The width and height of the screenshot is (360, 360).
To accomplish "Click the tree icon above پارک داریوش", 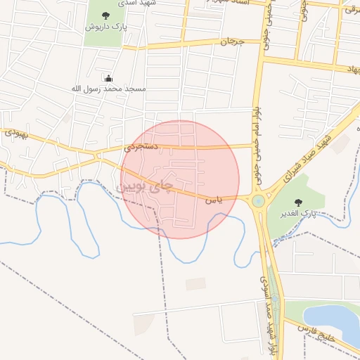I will (105, 15).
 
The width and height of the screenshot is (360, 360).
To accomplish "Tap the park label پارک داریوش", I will (105, 27).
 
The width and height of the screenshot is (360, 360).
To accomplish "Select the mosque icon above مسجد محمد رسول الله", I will (108, 78).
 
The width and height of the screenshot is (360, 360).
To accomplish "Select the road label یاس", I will (214, 200).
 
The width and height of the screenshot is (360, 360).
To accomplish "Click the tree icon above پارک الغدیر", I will (300, 202).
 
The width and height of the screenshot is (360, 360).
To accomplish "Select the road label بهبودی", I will (15, 132).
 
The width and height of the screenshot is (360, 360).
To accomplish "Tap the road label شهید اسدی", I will (141, 3).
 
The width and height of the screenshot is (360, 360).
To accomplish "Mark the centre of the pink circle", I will (180, 179).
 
